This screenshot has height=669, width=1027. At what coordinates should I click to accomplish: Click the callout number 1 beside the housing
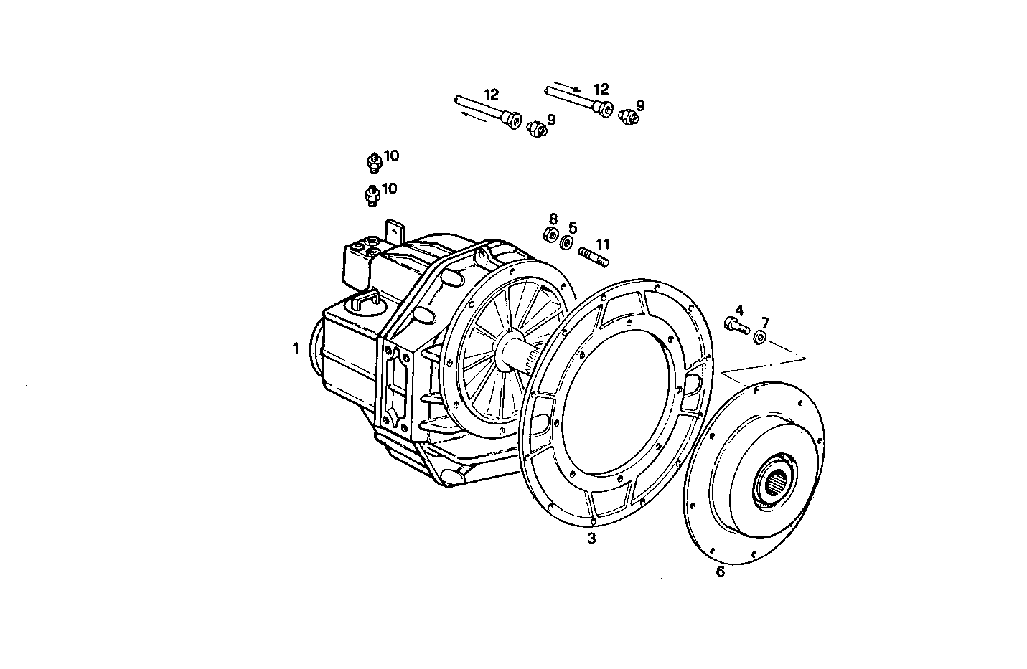[295, 349]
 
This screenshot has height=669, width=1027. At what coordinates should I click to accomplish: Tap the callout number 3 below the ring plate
[591, 539]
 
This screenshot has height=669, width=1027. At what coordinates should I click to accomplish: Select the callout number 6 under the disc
[721, 571]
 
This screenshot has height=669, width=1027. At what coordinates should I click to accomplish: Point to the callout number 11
[602, 245]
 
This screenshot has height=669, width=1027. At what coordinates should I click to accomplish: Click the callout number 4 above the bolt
[739, 310]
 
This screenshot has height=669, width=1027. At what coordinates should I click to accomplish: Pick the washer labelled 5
[567, 242]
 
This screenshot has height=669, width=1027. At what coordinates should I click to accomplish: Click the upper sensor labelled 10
[373, 162]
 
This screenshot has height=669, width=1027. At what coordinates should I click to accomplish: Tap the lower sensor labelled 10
[372, 195]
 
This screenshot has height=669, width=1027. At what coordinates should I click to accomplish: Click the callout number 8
[553, 218]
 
